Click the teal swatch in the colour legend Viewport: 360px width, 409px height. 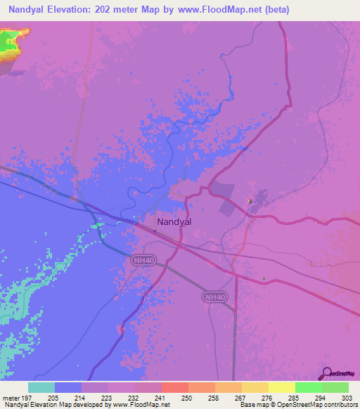(x=41, y=387)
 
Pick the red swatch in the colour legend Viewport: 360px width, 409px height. (x=174, y=387)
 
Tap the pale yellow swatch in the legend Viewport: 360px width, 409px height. (x=281, y=387)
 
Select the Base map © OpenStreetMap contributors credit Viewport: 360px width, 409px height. (x=297, y=405)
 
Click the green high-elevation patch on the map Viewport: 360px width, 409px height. (x=10, y=42)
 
